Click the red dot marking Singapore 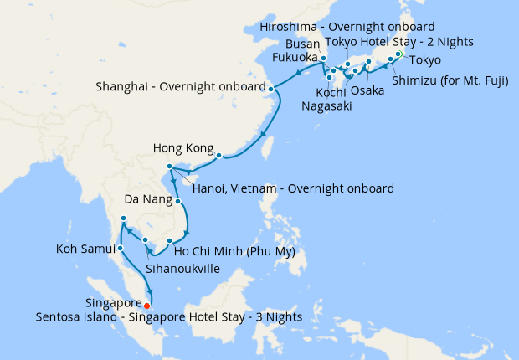point(147,305)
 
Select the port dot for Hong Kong point(219,156)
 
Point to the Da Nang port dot point(178,201)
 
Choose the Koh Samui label point(85,249)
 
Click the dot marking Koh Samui point(121,248)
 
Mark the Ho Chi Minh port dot point(169,241)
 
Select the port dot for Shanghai point(270,87)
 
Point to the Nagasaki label point(327,106)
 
